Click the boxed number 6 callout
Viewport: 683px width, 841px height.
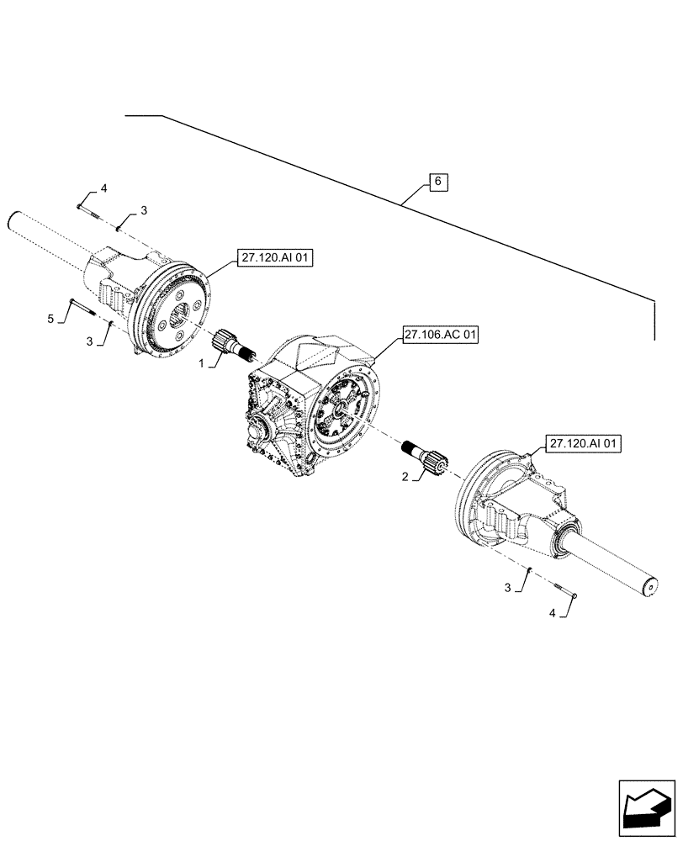(439, 182)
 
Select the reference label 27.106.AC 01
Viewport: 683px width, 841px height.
(440, 336)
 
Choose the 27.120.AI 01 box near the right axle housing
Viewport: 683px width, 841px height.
(583, 443)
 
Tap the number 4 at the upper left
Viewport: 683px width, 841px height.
(103, 188)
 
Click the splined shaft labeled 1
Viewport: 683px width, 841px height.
(236, 345)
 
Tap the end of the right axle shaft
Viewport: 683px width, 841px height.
(651, 585)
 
